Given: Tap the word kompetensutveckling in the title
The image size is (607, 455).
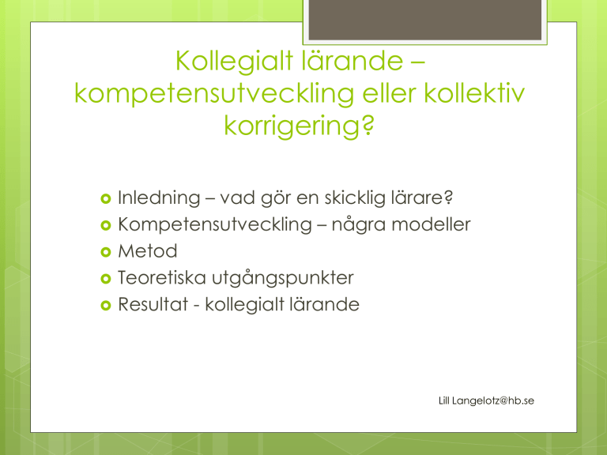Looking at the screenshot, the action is pos(214,94).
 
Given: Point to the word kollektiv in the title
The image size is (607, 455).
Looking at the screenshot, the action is pos(474,93).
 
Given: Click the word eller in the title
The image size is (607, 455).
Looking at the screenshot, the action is pos(389,93).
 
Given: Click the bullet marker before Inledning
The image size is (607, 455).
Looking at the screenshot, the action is pos(106,198).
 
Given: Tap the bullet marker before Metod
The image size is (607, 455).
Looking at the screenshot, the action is pos(106,252).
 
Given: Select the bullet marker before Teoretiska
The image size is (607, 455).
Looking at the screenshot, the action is pos(106,279).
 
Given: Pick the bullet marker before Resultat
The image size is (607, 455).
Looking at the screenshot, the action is pos(106,305).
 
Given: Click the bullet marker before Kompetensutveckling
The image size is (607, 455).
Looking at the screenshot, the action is pos(106,225).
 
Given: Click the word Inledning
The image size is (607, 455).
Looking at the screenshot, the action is pos(159,198).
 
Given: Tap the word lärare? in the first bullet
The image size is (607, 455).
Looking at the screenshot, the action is pos(422,197).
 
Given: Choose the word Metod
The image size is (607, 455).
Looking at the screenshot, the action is pos(148,251).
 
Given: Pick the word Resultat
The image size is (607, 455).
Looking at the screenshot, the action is pos(153,304).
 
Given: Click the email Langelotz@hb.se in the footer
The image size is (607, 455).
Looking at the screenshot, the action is pos(493,400).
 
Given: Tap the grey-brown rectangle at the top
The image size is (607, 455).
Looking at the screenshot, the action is pos(425,19).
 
